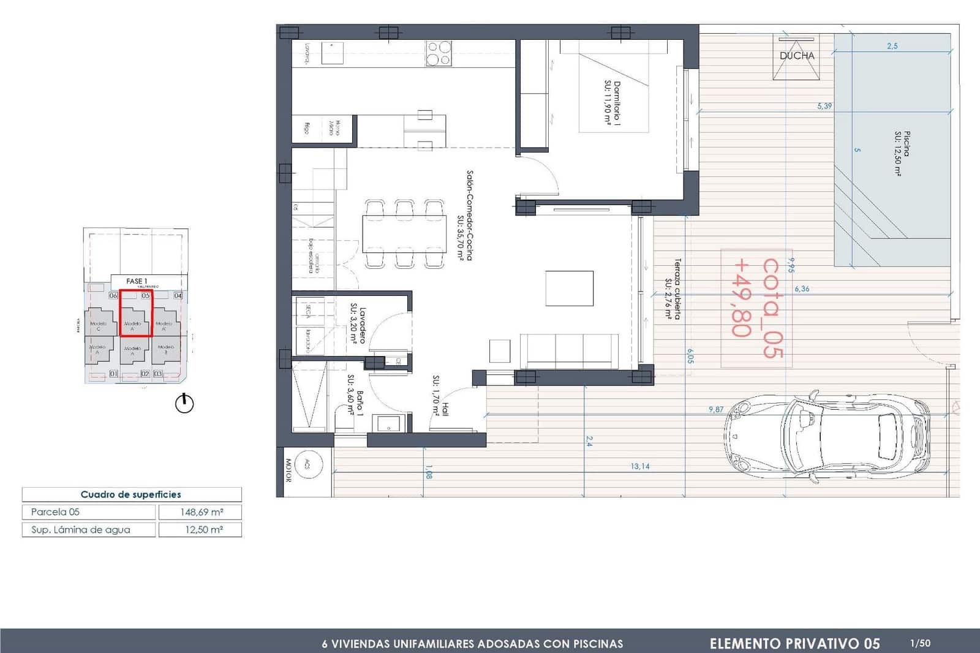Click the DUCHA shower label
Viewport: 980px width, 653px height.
click(797, 56)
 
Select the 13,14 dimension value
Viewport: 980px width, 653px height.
click(640, 466)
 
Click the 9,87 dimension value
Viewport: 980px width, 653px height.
click(716, 409)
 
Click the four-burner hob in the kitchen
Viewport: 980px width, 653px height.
click(439, 53)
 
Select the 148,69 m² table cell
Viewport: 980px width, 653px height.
click(200, 512)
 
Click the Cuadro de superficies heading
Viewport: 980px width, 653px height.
click(131, 494)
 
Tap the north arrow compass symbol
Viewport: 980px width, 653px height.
click(184, 404)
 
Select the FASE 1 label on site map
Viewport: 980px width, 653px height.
click(137, 281)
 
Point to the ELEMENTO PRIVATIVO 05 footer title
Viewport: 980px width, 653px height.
click(794, 643)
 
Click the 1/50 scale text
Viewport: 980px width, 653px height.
click(920, 643)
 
